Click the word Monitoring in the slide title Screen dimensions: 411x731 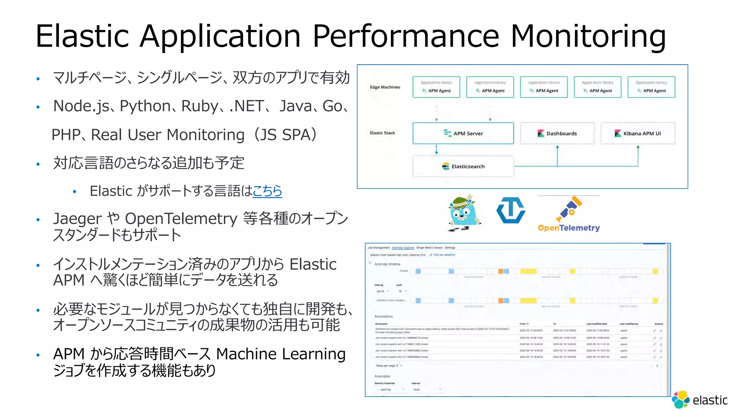tap(588, 36)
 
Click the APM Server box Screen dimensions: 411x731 tap(463, 133)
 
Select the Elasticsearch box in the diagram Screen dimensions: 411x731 tap(463, 166)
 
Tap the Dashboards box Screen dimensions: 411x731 tap(557, 133)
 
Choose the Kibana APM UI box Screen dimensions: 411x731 tap(637, 133)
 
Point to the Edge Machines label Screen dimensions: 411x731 tap(385, 87)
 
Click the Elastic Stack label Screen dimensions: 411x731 tap(382, 133)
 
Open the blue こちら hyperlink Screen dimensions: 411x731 tap(267, 191)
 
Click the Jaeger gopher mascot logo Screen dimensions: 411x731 tap(464, 213)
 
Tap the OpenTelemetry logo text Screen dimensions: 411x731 tap(569, 228)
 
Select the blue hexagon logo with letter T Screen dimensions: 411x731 tap(511, 210)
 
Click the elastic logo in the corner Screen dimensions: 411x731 tap(700, 400)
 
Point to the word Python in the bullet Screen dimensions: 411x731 tap(145, 106)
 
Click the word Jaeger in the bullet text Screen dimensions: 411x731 tap(77, 218)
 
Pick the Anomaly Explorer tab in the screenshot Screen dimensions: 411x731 tap(403, 248)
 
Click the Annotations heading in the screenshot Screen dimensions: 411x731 tap(383, 316)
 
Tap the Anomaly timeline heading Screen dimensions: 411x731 tap(387, 264)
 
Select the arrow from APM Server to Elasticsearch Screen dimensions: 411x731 tap(436, 150)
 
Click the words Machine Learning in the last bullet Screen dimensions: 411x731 tap(281, 354)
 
